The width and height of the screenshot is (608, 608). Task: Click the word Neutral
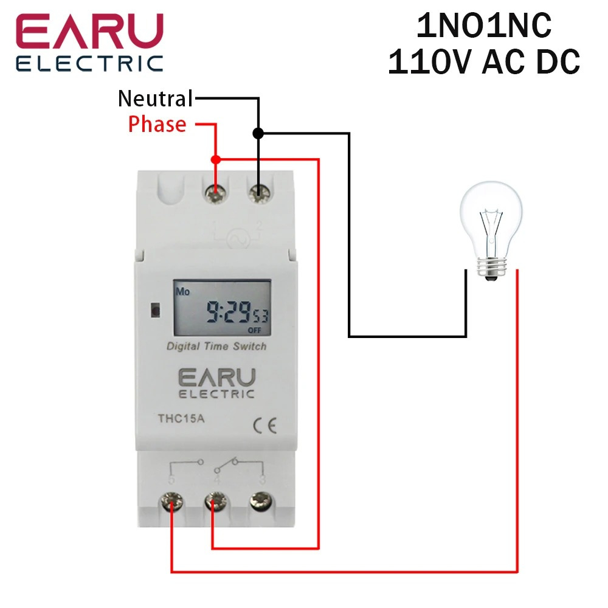tap(155, 98)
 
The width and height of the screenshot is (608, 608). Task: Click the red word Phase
tap(157, 125)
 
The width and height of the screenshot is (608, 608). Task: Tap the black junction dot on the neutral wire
tap(258, 133)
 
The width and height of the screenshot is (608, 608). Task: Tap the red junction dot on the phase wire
tap(215, 159)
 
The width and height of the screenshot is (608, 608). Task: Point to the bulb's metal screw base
tap(490, 268)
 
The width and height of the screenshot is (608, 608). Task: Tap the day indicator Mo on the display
tap(183, 291)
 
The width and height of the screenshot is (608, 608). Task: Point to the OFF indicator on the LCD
tap(254, 330)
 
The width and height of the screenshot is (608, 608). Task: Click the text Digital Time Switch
tap(216, 347)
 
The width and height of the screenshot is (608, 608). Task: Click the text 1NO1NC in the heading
tap(483, 27)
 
